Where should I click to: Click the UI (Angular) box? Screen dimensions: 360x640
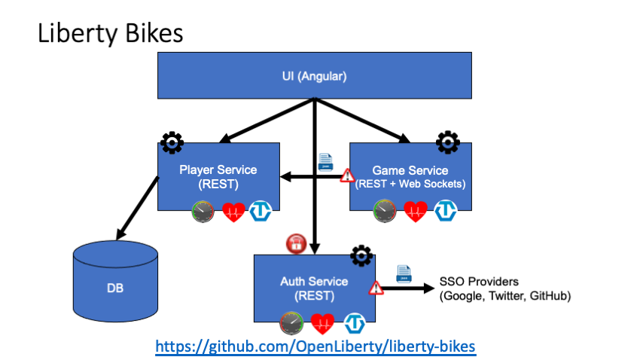[x=314, y=76]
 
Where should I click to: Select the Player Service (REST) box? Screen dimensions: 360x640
[x=218, y=176]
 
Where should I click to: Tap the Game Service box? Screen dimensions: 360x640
[x=410, y=176]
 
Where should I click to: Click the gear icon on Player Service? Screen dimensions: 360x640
[x=172, y=142]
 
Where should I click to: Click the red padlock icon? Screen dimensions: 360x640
[x=296, y=243]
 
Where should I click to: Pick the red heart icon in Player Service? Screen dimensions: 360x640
[x=233, y=212]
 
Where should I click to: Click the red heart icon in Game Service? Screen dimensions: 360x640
[x=416, y=212]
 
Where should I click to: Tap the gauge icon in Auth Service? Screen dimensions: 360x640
[x=291, y=323]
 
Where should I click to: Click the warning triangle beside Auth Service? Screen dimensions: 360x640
[x=375, y=287]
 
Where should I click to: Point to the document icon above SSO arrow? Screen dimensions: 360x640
[x=403, y=273]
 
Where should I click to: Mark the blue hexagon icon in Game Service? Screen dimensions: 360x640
[x=446, y=212]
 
